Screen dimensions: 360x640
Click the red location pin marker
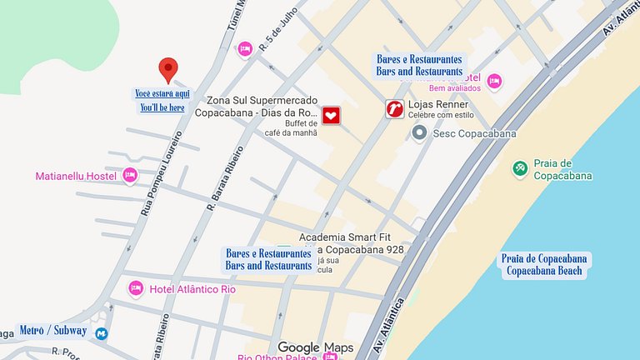(x=168, y=69)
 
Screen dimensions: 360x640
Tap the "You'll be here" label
(x=162, y=107)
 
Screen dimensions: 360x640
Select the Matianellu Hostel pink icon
(x=129, y=176)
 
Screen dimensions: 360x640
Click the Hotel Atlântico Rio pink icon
(x=136, y=288)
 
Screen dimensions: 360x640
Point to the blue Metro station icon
(x=101, y=333)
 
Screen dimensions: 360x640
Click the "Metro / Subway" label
(x=52, y=331)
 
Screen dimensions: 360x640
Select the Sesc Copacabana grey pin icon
(x=420, y=133)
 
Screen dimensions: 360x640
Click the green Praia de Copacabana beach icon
(x=520, y=169)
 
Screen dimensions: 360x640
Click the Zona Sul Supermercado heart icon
(x=332, y=116)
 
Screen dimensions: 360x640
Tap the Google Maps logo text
(x=315, y=347)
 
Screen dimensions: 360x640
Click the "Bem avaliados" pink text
(x=455, y=87)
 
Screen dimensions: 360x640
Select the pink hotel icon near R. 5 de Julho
(x=245, y=48)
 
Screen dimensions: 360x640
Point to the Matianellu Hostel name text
(x=74, y=176)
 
